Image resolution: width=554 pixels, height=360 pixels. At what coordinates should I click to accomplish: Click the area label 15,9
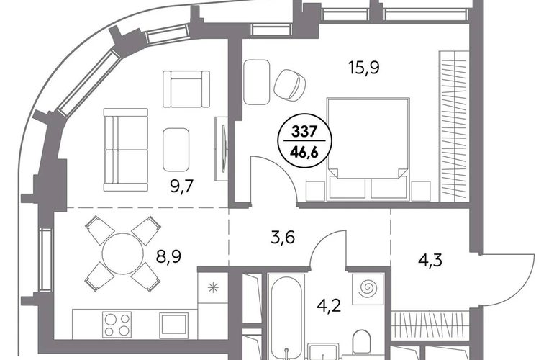pos(364,67)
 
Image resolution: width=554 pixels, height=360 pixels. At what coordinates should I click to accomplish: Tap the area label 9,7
pos(182,186)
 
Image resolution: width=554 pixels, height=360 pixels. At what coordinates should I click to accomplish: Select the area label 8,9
pos(169,256)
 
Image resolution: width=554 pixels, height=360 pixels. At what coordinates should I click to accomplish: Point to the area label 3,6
pos(283,238)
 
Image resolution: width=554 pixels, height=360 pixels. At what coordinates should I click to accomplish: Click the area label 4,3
pos(430,261)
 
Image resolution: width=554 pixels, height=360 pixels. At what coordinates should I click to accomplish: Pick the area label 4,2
pos(329,305)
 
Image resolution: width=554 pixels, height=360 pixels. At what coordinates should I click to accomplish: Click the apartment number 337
pos(304,132)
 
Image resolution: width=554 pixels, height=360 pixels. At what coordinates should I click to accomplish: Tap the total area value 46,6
pos(304,153)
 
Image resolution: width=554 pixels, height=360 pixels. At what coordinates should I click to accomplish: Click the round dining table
pos(122,253)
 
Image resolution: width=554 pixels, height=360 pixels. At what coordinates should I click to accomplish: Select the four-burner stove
pos(117,324)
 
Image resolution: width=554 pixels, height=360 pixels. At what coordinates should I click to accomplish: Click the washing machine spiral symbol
pos(368,289)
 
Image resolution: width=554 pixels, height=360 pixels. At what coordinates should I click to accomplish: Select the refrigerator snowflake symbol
pos(213,288)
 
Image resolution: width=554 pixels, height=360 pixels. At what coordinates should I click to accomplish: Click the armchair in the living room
pos(186,89)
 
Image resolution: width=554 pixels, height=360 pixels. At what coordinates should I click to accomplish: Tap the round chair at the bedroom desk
pos(290,84)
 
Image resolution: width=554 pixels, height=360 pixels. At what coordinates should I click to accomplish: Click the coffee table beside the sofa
pos(176,150)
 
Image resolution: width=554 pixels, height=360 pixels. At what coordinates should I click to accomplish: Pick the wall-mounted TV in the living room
pos(224,148)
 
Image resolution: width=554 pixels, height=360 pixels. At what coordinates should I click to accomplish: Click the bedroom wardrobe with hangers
pos(454,125)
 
